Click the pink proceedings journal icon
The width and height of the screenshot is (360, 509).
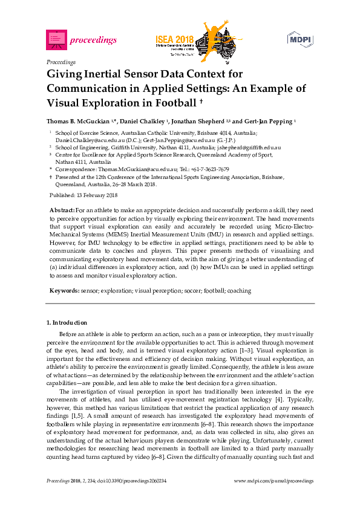pyautogui.click(x=56, y=40)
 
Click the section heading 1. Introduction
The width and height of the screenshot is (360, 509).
pyautogui.click(x=67, y=323)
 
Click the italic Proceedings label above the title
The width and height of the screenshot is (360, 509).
pyautogui.click(x=61, y=62)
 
